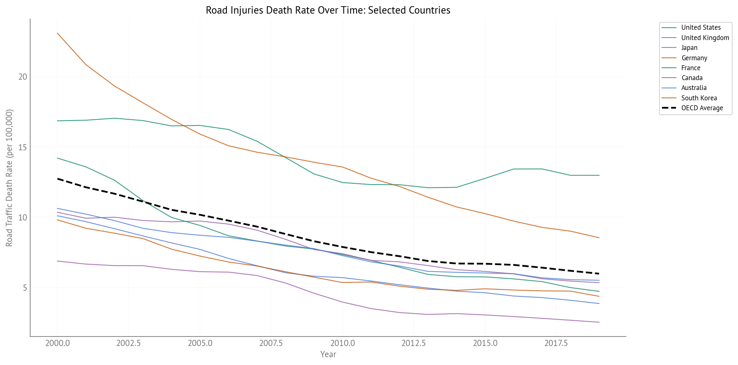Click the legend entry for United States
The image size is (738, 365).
[x=700, y=28]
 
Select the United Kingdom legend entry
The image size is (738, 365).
[x=705, y=38]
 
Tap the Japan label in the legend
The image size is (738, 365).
[x=689, y=47]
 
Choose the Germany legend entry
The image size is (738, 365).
[x=694, y=58]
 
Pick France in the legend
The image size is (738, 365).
[x=690, y=68]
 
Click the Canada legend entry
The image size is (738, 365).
[x=692, y=78]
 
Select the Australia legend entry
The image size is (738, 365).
[x=694, y=88]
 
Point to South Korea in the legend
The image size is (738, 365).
[x=699, y=98]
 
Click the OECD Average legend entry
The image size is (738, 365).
[x=702, y=108]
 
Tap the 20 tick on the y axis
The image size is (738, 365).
[x=23, y=77]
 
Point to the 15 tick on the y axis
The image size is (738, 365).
[x=23, y=147]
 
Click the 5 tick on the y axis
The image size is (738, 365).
[x=25, y=288]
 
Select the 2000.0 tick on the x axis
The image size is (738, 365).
[x=57, y=344]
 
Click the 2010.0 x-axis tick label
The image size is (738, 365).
[x=342, y=344]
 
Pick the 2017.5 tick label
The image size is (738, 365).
[x=556, y=344]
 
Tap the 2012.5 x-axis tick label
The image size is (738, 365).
[x=413, y=344]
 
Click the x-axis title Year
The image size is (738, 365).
[x=328, y=354]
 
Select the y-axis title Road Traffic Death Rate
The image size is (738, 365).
[x=10, y=178]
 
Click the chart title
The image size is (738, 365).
[x=328, y=10]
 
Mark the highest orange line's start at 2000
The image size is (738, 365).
[x=57, y=33]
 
